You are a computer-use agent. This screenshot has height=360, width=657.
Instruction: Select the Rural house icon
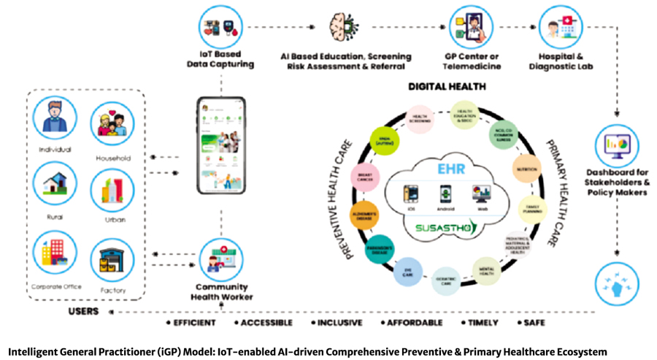pos(55,185)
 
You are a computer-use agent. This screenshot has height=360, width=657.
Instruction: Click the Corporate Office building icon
pos(55,255)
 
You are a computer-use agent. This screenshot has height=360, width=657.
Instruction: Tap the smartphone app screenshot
pos(220,147)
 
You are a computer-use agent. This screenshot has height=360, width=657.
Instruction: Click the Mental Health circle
pos(488,271)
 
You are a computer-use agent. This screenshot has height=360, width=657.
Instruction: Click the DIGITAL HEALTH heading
pos(446,86)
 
